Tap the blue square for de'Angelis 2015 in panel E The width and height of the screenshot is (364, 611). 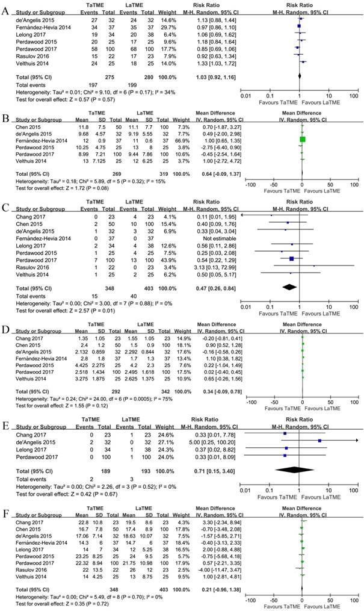(319, 441)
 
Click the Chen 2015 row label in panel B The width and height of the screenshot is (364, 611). (23, 127)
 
